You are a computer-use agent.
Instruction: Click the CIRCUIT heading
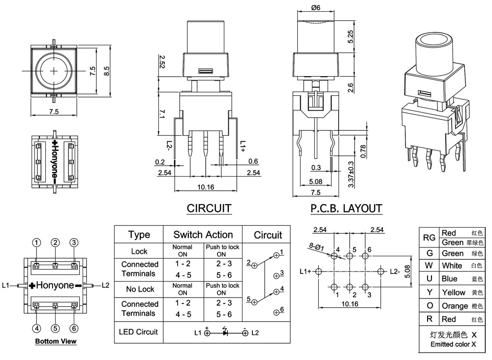209,209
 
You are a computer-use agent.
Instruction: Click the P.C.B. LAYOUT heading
346,209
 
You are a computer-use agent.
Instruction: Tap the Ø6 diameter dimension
315,8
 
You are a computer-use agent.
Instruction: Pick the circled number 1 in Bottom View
36,242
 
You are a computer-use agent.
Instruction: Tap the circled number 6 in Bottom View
74,329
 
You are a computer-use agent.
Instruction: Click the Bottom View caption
56,341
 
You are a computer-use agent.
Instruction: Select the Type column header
139,235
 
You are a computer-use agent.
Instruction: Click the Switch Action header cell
203,235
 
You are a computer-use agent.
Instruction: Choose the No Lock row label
139,289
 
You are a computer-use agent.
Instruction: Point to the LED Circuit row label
138,332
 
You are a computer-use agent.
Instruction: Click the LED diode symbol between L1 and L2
225,333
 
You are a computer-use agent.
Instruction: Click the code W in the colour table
429,266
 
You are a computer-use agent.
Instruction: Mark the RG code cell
429,238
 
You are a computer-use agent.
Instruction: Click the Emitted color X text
453,345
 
